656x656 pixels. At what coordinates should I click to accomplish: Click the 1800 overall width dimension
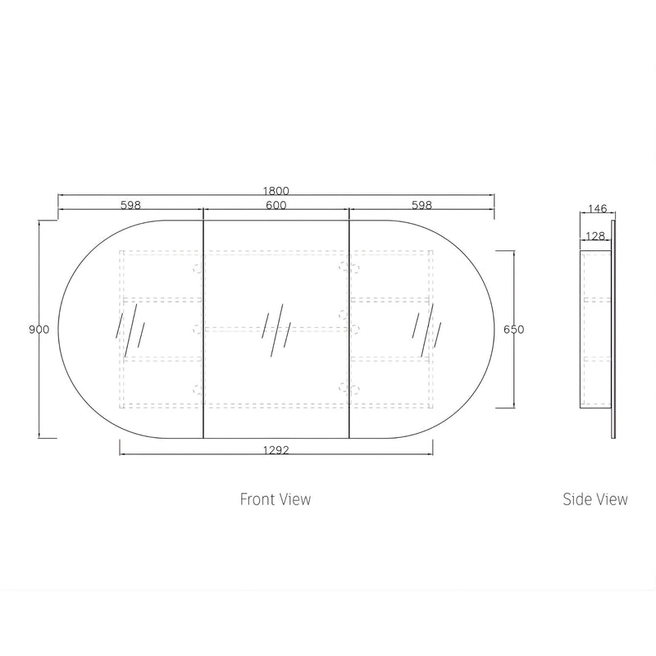point(276,191)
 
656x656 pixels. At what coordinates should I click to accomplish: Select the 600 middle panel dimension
point(276,205)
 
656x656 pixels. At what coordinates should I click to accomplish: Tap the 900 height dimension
point(39,330)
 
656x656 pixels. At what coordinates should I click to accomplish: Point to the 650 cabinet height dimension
point(513,330)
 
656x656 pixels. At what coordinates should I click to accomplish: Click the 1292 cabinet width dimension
point(276,450)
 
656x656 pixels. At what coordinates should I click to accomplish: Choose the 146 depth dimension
point(597,208)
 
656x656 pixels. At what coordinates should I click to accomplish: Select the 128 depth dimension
point(595,236)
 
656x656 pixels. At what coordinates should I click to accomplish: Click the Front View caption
point(276,499)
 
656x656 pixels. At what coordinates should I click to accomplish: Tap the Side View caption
point(595,499)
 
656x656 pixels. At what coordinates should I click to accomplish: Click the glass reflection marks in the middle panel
point(276,330)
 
